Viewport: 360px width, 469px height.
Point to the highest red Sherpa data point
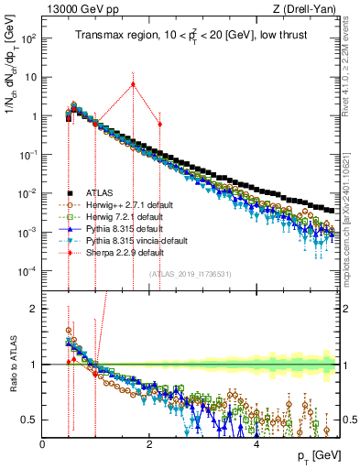pos(133,84)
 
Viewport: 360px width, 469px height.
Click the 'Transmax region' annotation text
pos(108,36)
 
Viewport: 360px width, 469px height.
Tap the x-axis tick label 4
pos(256,443)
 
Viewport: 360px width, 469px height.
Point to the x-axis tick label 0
pos(43,443)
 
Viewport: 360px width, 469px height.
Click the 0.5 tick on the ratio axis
pos(29,420)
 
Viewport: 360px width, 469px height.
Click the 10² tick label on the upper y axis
pos(27,39)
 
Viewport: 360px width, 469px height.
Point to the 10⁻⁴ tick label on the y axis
pos(27,270)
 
